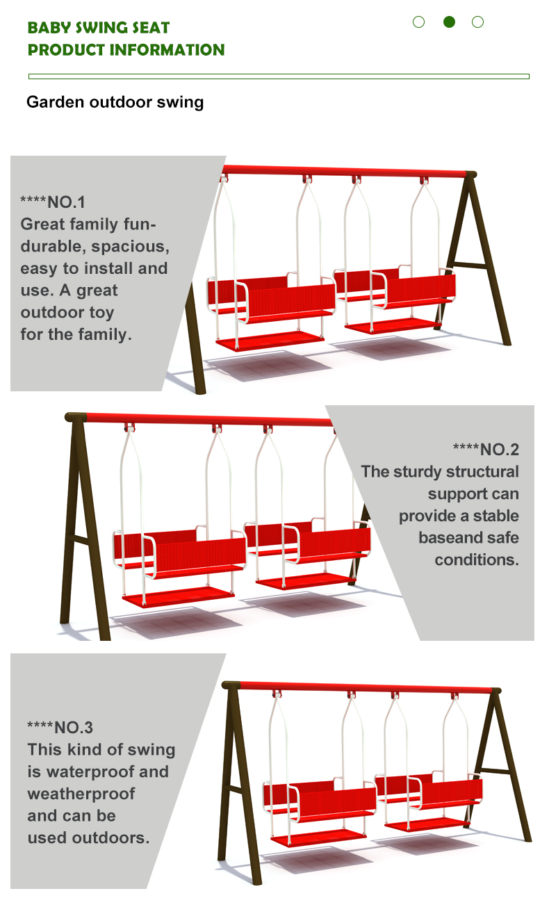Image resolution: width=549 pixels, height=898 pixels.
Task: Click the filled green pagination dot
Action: coord(449,22)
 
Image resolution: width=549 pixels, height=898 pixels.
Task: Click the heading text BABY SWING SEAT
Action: coord(99,28)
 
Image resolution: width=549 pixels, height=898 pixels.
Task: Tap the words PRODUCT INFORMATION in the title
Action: coord(126,50)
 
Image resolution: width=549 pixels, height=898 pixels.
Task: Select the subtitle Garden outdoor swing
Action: coord(115,102)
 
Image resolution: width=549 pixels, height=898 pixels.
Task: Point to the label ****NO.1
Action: coord(53,202)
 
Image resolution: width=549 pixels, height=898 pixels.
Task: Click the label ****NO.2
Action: coord(486,450)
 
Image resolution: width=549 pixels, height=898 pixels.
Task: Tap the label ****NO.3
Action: coord(60,727)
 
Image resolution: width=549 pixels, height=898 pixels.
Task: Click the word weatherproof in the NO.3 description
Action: coord(81,794)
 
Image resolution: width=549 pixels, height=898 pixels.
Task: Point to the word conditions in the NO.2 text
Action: coord(477,560)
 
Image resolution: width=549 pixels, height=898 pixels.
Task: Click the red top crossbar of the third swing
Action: coord(365,687)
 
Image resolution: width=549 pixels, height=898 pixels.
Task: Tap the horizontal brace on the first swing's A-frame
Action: coord(470,265)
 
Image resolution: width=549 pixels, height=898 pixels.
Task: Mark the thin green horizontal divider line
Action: coord(279,76)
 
